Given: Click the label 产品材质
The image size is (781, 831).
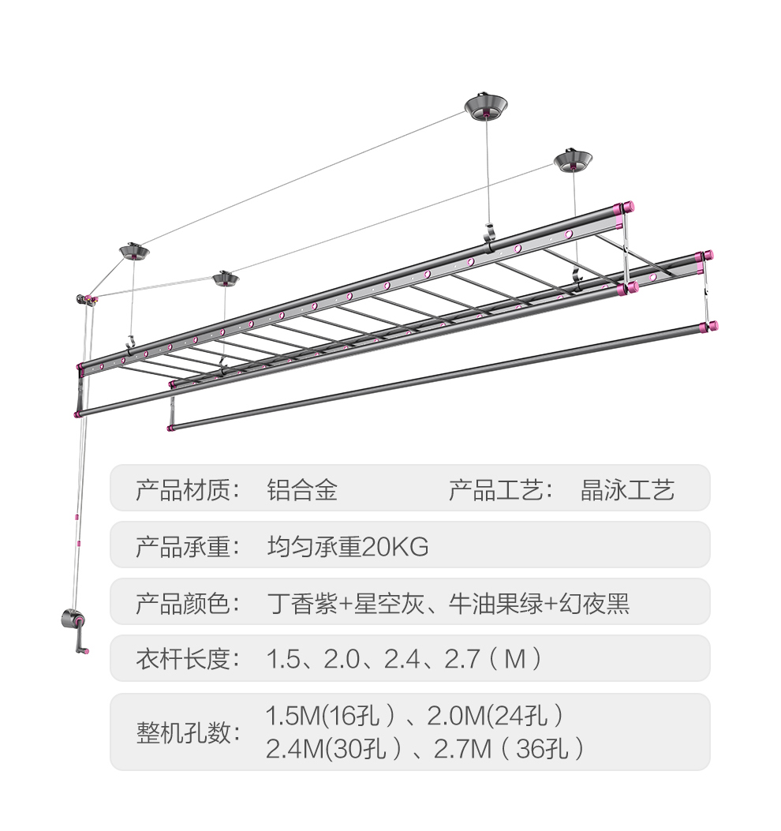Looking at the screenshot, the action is tap(187, 490).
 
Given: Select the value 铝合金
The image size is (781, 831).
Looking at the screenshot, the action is tap(302, 490).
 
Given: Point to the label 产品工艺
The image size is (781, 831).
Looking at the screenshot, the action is tap(500, 490).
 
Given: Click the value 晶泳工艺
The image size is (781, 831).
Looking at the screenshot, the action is tap(627, 490).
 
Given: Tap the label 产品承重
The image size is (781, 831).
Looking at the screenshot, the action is tap(187, 547).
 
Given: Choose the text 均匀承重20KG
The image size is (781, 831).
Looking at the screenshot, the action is tap(347, 547).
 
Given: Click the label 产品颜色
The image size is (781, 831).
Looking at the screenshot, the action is tap(187, 605).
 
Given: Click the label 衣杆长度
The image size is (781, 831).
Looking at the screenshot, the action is tap(187, 658).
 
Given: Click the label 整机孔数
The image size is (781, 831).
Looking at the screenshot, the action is tap(187, 732).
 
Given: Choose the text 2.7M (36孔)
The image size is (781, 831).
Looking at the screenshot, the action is tap(509, 748).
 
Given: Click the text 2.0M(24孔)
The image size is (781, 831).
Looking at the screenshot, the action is tap(495, 717).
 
